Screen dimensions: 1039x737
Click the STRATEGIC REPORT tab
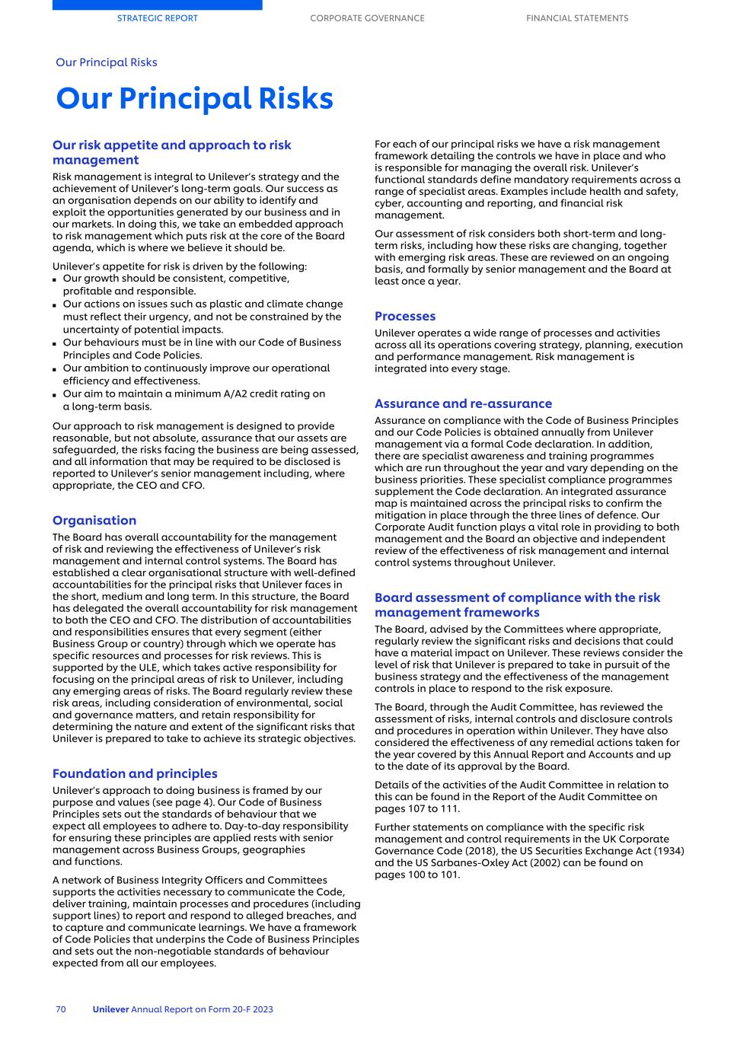pos(157,18)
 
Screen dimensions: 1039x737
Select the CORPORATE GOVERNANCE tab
pos(367,18)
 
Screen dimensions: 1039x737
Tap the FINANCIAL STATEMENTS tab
pos(577,18)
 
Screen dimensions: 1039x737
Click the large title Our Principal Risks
pos(194,99)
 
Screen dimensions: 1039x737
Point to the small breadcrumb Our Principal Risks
pos(107,62)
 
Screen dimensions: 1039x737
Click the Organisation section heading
pos(94,521)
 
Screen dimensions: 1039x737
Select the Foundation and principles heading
pos(135,773)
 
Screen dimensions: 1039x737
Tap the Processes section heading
pos(405,316)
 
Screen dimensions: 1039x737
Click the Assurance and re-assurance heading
pos(463,403)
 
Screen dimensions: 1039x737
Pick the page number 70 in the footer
pos(61,1009)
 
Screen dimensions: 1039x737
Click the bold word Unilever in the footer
pos(110,1009)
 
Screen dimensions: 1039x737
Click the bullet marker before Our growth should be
pos(55,279)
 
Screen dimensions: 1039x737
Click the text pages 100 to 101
pos(417,875)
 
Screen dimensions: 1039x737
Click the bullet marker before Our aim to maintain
pos(55,395)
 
